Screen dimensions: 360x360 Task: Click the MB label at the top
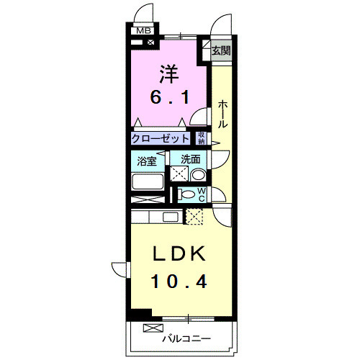143,31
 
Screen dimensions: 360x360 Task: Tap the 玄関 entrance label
221,51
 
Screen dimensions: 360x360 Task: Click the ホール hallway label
223,114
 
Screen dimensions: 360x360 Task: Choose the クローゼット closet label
161,138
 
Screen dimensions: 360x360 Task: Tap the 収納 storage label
202,138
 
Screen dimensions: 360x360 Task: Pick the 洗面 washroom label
190,159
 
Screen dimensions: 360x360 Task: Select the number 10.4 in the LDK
180,281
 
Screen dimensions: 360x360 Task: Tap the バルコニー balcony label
186,337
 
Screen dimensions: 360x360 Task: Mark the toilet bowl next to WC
187,194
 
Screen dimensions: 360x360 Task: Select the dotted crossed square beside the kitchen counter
194,215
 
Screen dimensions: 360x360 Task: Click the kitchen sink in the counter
171,216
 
